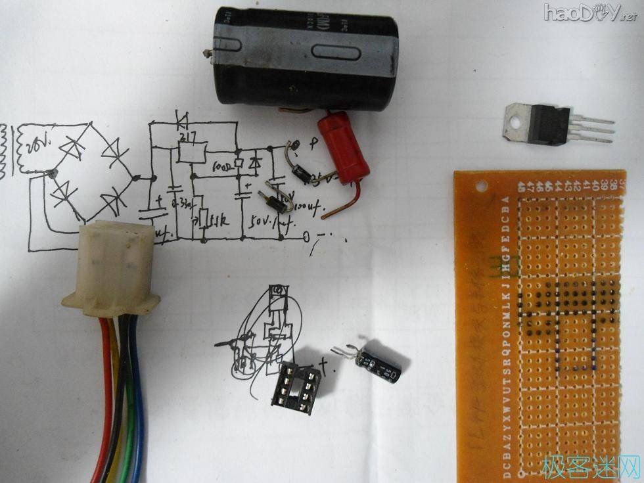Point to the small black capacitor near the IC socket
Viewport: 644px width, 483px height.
[x=379, y=365]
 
